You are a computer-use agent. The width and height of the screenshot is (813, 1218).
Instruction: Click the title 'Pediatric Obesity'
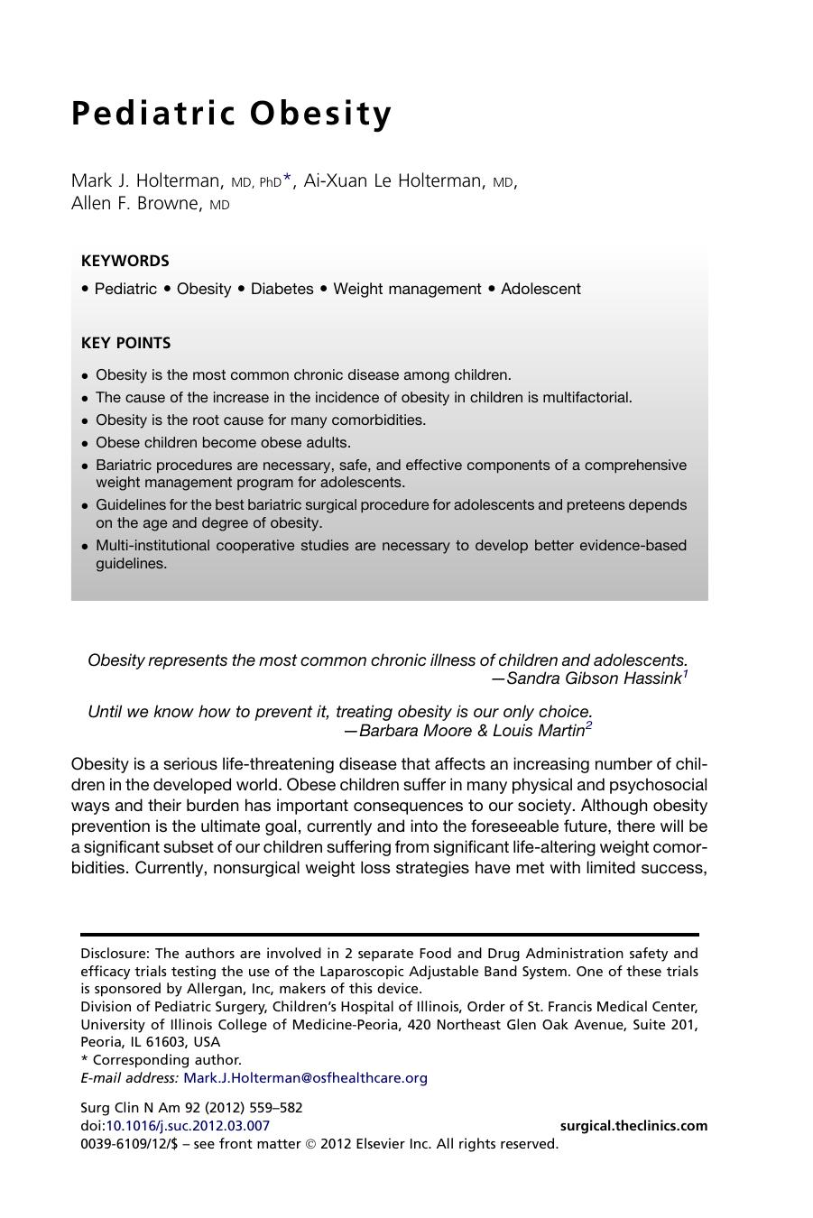[x=232, y=114]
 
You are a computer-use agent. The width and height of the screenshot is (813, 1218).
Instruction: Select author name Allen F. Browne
[x=135, y=203]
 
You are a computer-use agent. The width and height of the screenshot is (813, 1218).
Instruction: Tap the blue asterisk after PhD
[x=287, y=180]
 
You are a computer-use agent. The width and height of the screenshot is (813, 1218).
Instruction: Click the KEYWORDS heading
[x=125, y=261]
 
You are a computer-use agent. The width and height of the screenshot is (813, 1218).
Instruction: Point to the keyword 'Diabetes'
[x=282, y=289]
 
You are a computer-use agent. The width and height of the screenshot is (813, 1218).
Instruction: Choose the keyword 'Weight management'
[x=407, y=289]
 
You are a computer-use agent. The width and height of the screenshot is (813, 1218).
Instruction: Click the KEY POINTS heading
[x=125, y=343]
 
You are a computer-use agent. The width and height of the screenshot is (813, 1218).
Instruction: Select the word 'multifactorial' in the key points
[x=587, y=397]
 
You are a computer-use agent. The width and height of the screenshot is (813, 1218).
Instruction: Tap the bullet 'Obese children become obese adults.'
[x=223, y=442]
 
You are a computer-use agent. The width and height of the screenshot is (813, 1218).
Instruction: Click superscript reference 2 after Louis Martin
[x=588, y=725]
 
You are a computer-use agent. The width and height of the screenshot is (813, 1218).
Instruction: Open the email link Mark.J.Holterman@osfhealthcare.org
[x=305, y=1077]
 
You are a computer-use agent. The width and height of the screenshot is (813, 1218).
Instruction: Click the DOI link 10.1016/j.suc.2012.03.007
[x=188, y=1125]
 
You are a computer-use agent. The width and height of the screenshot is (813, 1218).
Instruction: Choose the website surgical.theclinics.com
[x=633, y=1125]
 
